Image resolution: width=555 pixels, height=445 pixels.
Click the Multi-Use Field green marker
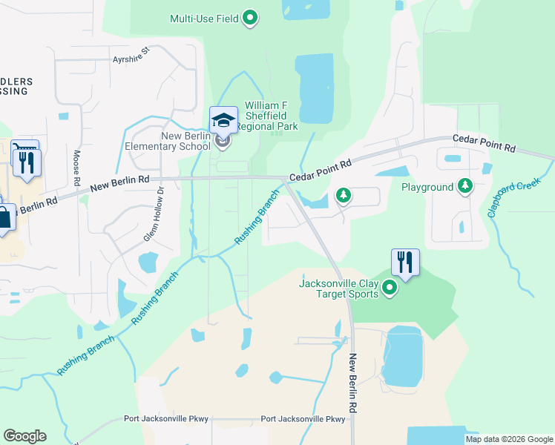pos(250,18)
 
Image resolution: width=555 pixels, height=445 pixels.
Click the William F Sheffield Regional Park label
pos(272,116)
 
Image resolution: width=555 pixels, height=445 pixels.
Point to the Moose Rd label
pos(76,168)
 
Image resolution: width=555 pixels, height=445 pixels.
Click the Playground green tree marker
pos(465,185)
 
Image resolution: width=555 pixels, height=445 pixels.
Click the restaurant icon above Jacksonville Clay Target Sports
pos(405,262)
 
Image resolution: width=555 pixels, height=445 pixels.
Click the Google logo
pos(24,436)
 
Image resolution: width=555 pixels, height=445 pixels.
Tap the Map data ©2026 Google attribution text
pos(509,439)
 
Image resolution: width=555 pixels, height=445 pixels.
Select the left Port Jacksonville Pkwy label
pos(165,419)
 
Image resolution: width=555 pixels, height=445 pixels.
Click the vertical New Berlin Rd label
pos(354,383)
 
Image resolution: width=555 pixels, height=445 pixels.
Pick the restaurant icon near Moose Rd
pos(27,162)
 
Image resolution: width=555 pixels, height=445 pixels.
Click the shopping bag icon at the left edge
pos(4,217)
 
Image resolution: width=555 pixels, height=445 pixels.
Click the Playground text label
pos(427,187)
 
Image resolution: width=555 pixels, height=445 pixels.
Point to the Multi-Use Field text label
pos(204,19)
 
